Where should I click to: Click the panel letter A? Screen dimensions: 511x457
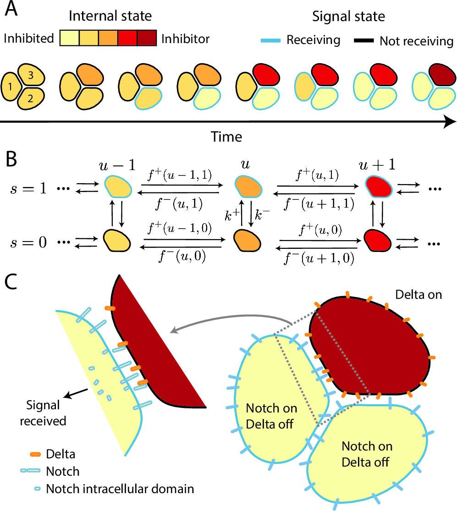click(x=11, y=10)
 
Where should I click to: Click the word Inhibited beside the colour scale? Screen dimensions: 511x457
click(x=28, y=39)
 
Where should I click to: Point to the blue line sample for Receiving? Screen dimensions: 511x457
click(x=273, y=41)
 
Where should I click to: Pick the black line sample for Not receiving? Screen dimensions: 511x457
click(x=364, y=41)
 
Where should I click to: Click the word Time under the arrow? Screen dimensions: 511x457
click(x=226, y=137)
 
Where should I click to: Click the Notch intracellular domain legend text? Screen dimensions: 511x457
click(x=120, y=488)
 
